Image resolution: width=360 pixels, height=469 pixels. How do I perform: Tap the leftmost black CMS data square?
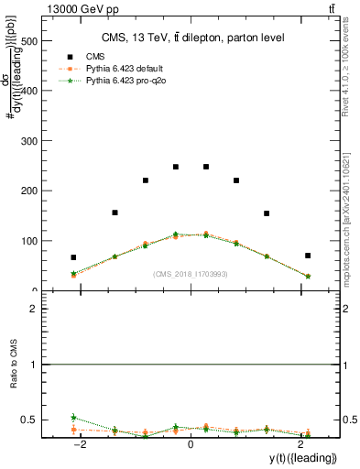click(73, 257)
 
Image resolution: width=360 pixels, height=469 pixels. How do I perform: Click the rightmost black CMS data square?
click(308, 256)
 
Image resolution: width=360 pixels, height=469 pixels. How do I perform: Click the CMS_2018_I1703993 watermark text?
click(191, 274)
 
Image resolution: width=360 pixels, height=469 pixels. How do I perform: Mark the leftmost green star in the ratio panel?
click(73, 417)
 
